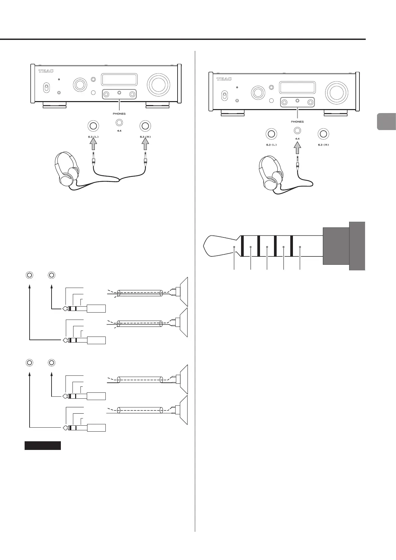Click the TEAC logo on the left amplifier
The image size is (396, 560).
click(x=46, y=71)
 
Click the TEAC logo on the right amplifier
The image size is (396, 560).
click(x=224, y=79)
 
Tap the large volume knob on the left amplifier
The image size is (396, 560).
click(x=159, y=84)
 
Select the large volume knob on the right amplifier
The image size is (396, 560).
click(x=337, y=92)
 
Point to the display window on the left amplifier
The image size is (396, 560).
click(x=119, y=80)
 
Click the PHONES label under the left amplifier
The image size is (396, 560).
click(x=119, y=114)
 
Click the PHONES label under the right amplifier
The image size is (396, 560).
click(x=297, y=122)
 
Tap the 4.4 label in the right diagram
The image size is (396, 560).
click(x=297, y=138)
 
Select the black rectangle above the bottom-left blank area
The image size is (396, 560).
click(x=43, y=446)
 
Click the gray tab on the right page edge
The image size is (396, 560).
click(x=387, y=121)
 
